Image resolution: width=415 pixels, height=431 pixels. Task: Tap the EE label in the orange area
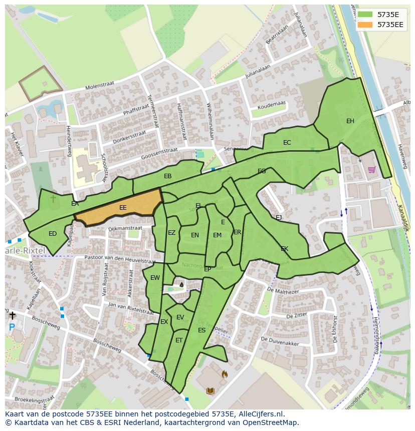coord(123,207)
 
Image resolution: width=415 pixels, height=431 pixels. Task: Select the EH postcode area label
coord(350,121)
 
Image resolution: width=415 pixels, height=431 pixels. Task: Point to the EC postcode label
coord(287,143)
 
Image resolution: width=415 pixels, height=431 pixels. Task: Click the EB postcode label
coord(167,176)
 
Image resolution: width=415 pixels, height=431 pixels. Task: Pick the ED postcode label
coord(53,234)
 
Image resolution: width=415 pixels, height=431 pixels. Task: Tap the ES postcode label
coord(201,330)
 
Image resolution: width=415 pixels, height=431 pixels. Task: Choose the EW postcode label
coord(155,278)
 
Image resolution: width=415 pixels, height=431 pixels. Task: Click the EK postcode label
coord(284,249)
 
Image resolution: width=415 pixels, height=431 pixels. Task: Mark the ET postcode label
coord(179,340)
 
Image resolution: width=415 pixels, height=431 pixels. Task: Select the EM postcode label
coord(217,235)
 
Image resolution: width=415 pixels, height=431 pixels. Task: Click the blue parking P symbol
coord(12,328)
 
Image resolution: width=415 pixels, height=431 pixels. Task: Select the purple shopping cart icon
coord(372,170)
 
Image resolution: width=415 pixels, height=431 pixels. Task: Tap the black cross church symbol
coord(12,315)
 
